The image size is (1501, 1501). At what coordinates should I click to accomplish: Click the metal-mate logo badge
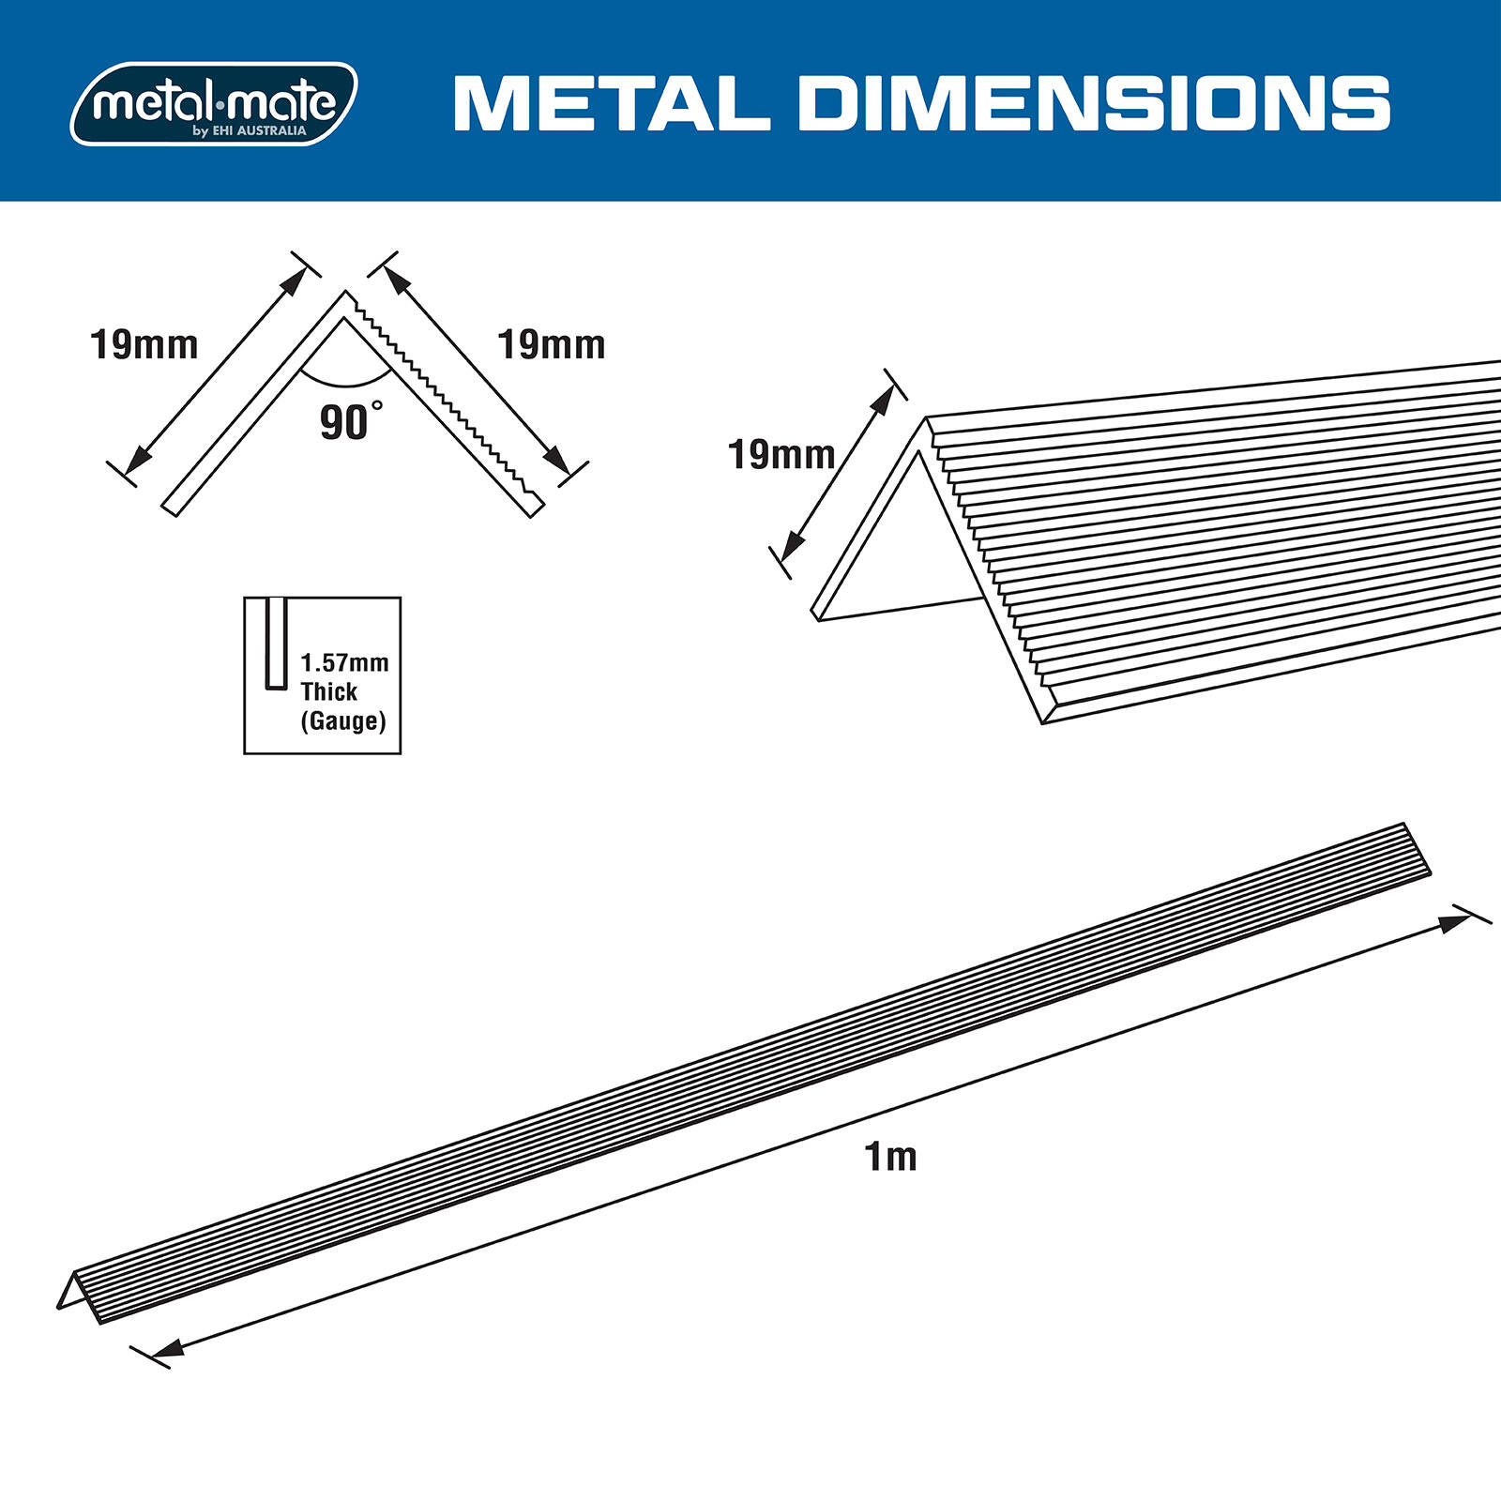click(x=214, y=103)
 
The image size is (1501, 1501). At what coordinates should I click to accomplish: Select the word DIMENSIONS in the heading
click(x=1094, y=103)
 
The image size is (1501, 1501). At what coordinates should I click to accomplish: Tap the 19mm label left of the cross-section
click(x=144, y=345)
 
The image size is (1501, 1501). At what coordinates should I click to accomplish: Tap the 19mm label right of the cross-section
click(x=551, y=345)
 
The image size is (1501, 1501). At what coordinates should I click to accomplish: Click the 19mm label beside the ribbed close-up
click(x=781, y=455)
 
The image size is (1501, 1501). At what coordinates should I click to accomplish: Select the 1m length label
click(x=890, y=1157)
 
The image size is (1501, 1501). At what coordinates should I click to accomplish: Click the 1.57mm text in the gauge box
click(x=344, y=663)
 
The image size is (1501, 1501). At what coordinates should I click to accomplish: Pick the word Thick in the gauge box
click(x=328, y=692)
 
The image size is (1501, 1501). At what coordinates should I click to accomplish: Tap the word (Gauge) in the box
click(x=342, y=720)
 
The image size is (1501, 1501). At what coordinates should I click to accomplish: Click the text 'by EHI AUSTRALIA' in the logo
click(x=250, y=131)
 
